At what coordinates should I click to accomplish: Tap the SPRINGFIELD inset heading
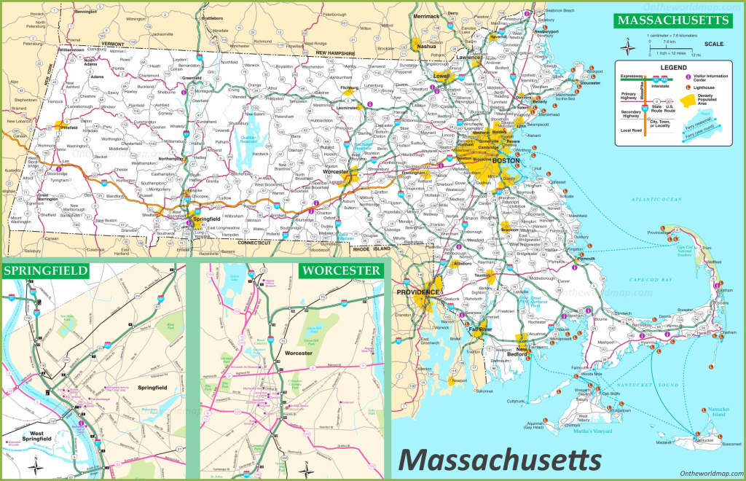tap(46, 271)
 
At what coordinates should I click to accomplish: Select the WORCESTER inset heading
tap(341, 271)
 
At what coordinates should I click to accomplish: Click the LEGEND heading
tap(674, 67)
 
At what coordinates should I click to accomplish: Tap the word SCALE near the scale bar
tap(713, 44)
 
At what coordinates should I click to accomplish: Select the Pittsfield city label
tap(71, 126)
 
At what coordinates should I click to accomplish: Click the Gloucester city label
tap(590, 83)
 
